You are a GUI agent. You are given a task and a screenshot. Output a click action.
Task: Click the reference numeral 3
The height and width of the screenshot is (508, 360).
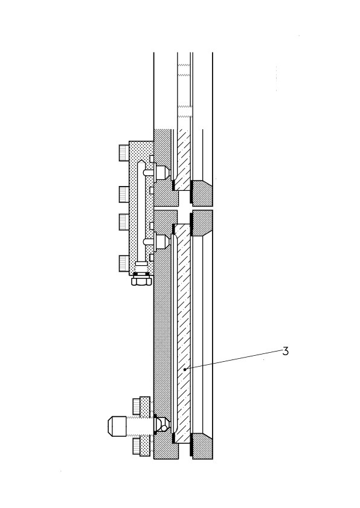coord(285,351)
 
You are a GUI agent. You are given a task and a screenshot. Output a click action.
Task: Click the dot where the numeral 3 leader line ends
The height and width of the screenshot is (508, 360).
coord(184,369)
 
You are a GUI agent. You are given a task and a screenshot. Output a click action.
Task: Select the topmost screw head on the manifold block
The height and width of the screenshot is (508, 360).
coord(124,153)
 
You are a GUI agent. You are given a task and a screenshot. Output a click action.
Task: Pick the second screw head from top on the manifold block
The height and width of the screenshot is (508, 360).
coord(124,195)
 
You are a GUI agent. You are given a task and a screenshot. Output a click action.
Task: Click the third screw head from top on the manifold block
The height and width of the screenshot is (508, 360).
coord(124,222)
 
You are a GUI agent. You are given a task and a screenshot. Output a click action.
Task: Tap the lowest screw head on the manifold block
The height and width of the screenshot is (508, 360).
coord(124,263)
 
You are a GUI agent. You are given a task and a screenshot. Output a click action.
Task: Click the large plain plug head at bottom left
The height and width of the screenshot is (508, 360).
coord(117,426)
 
